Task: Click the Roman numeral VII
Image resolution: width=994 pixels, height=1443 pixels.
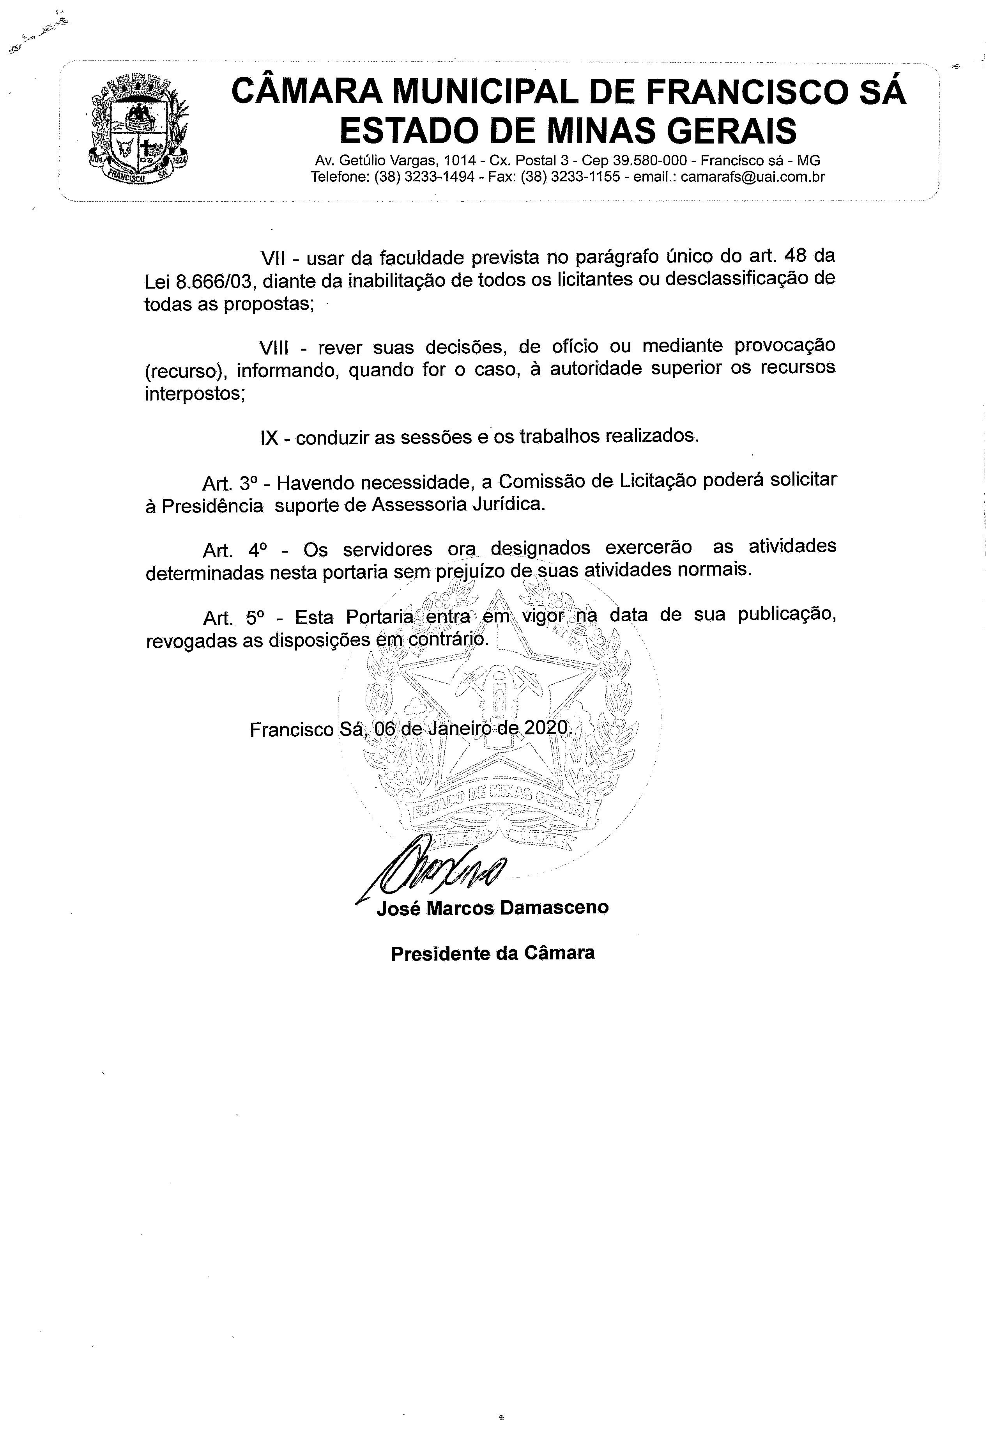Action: (273, 258)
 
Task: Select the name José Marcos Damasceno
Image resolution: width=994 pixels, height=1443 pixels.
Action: (492, 907)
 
